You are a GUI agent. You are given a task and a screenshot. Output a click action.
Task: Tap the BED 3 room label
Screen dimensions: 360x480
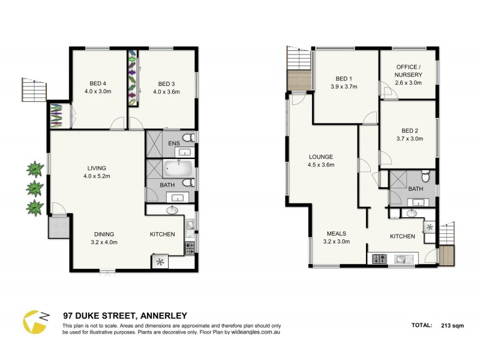click(x=167, y=88)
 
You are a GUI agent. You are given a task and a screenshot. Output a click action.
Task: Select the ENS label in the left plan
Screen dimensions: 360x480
click(x=174, y=143)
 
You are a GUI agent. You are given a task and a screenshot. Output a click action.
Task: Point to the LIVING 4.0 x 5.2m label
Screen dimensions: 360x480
click(x=97, y=172)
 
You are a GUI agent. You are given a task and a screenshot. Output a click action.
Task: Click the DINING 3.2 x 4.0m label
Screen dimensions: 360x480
click(x=104, y=238)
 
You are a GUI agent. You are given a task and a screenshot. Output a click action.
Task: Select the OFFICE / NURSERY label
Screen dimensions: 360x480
click(x=408, y=74)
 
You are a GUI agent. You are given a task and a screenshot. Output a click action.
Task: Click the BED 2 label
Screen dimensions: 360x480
click(x=410, y=134)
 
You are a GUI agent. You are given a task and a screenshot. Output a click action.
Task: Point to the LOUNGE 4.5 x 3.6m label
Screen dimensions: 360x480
click(x=320, y=161)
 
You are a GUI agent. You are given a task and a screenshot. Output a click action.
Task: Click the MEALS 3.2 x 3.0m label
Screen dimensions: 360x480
click(x=336, y=238)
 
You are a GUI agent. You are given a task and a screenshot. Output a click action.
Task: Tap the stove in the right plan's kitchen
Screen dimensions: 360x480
click(x=380, y=259)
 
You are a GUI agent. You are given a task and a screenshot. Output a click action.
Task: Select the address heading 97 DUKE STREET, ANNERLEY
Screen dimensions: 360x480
click(x=125, y=316)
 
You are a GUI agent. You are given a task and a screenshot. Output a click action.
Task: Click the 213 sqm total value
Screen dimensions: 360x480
click(x=453, y=326)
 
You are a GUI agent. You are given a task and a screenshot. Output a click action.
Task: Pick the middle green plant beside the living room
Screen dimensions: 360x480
click(x=35, y=188)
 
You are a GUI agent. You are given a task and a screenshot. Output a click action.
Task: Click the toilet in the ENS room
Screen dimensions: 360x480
click(x=187, y=138)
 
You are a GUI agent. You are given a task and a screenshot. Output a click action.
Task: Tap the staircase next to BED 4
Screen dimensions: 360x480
click(x=35, y=90)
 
